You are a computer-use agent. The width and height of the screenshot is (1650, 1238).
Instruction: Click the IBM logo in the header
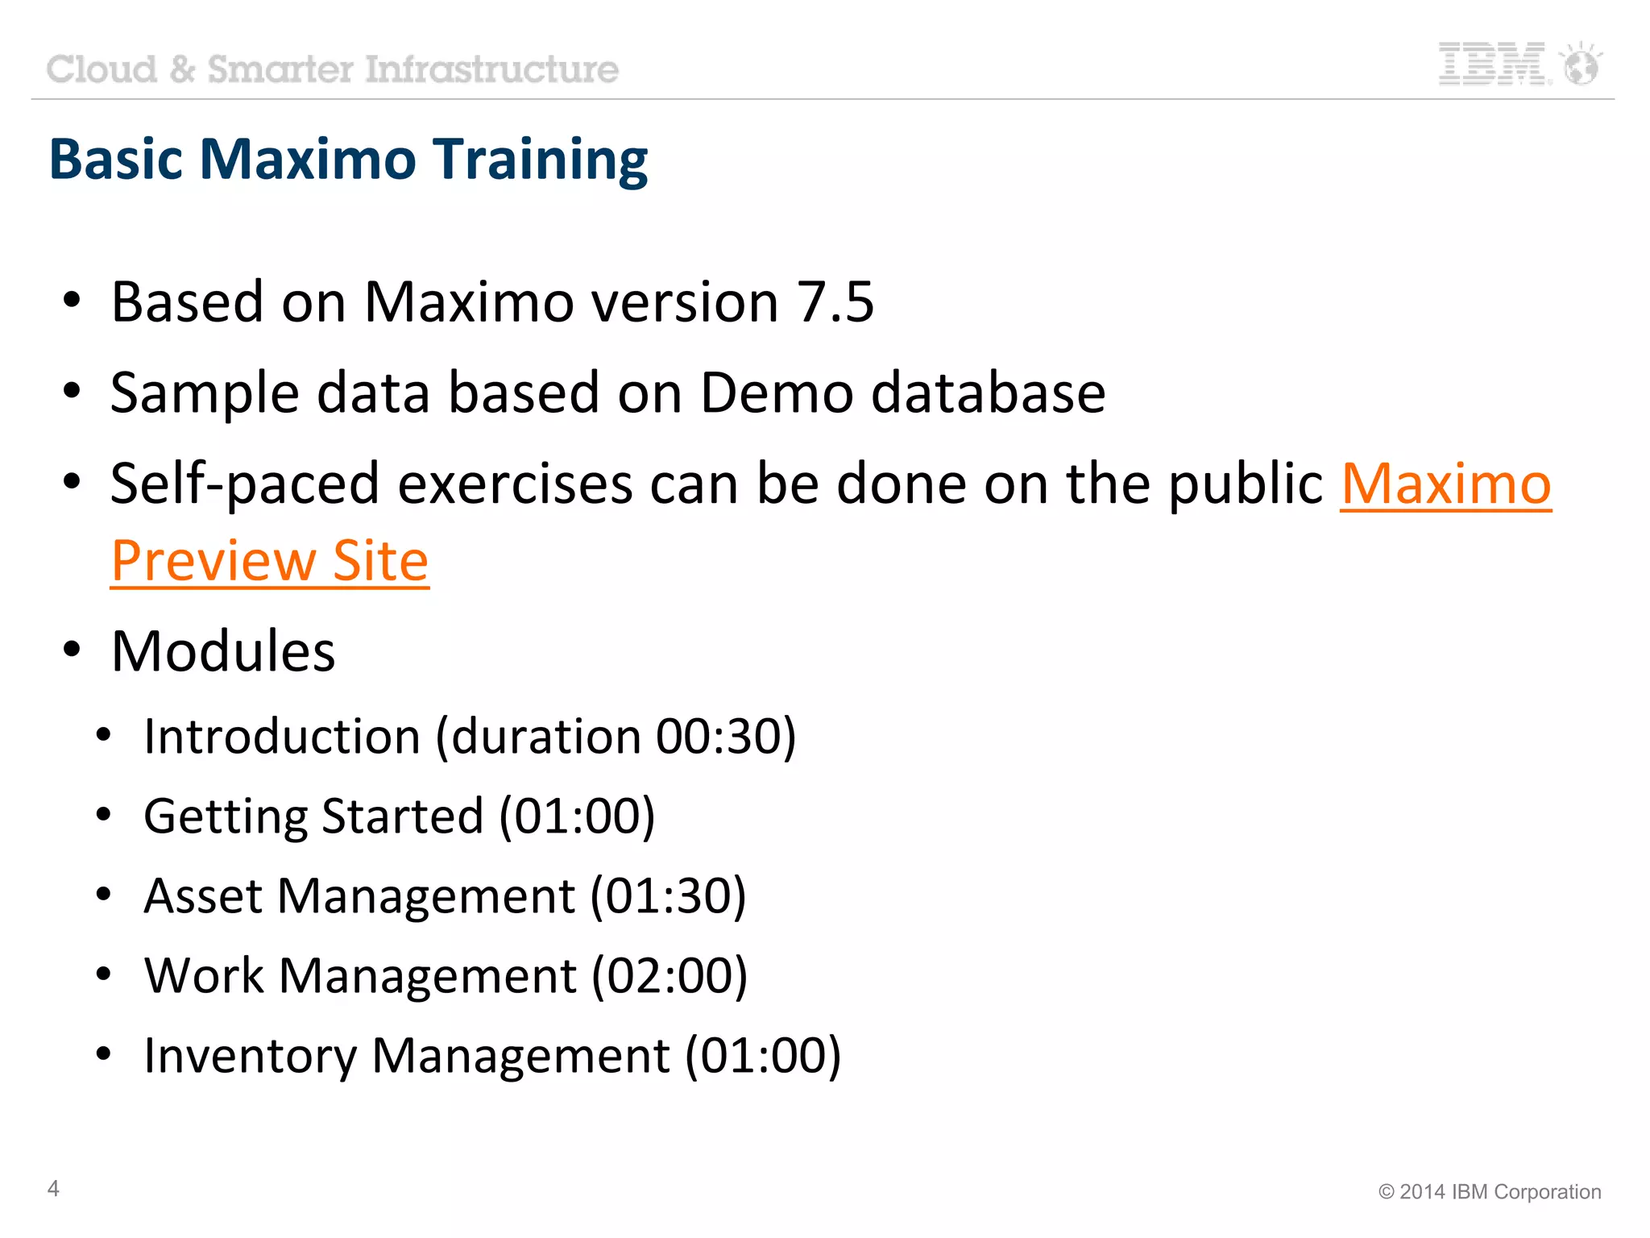point(1491,64)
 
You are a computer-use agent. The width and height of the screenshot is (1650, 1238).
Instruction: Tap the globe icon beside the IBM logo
point(1581,64)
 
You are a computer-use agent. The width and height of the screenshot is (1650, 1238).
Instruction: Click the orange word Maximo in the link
point(1446,484)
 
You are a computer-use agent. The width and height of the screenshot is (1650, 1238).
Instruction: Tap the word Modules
point(223,650)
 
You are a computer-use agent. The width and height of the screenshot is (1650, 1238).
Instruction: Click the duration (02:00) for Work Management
point(670,976)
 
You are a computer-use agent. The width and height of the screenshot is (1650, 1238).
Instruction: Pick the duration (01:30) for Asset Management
point(668,896)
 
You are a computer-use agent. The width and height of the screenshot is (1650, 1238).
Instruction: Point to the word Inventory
point(250,1056)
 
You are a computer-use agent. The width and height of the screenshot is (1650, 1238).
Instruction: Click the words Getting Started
point(313,816)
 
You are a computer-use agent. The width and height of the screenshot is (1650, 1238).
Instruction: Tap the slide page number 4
point(53,1188)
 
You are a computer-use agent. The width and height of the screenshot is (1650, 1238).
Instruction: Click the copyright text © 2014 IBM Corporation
point(1490,1192)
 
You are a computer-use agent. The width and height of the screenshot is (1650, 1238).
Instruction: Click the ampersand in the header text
point(183,69)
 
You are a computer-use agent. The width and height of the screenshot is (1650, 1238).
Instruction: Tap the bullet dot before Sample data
point(73,391)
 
